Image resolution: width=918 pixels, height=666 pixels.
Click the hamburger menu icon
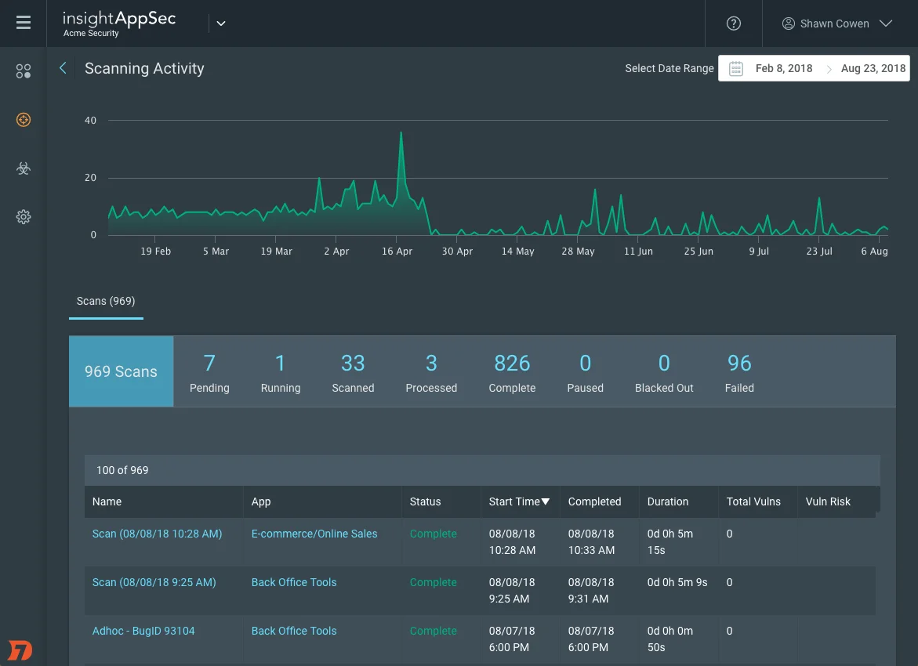pos(24,23)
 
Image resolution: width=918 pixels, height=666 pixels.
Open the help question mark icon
pos(734,24)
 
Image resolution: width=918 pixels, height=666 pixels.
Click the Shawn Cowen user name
pos(834,24)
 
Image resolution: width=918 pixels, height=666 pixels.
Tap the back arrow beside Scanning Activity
pos(63,68)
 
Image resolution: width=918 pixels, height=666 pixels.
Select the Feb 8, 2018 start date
pos(783,68)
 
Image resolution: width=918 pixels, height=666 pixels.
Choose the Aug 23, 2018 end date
pos(873,68)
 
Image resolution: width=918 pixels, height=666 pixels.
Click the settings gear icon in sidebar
pos(24,217)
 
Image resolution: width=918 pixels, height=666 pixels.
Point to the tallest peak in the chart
pos(401,133)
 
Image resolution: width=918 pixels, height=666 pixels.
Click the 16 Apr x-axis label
pos(397,252)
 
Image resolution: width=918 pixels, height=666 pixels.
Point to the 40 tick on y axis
pos(91,121)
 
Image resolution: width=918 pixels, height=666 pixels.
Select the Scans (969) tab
pos(106,301)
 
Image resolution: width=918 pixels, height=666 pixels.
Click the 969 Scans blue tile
pos(121,371)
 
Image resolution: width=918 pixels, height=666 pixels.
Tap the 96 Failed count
pos(739,371)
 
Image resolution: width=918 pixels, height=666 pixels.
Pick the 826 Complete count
pos(512,371)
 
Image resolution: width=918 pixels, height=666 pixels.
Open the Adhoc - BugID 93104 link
pos(143,631)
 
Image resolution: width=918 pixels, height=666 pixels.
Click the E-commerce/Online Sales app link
pos(314,534)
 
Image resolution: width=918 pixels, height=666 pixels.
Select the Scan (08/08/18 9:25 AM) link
pos(154,582)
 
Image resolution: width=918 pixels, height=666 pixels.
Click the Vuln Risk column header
pos(828,501)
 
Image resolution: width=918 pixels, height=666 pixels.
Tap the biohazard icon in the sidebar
pos(24,168)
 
